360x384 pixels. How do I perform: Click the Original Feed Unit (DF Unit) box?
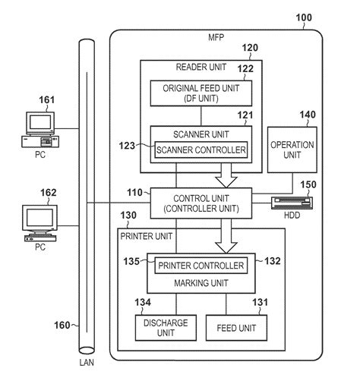(200, 94)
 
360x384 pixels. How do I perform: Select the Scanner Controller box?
(201, 150)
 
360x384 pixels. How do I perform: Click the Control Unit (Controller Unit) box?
(201, 203)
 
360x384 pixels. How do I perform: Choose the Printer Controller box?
(201, 266)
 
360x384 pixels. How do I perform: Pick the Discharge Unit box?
(156, 326)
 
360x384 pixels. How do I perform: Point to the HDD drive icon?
(291, 203)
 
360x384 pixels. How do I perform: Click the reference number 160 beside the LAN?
(59, 326)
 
